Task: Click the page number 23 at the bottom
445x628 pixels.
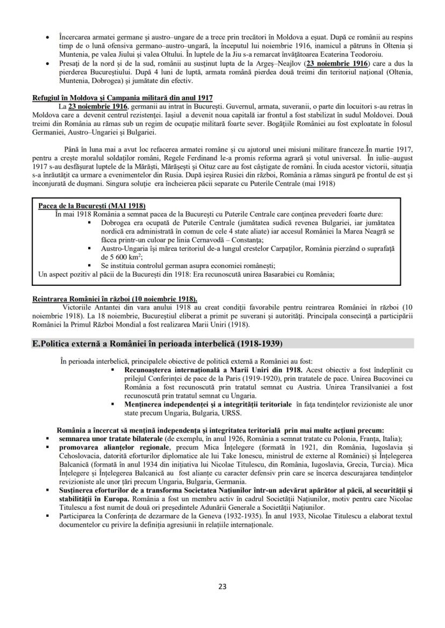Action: [x=223, y=586]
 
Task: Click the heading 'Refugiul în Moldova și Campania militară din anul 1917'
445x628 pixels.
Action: [x=123, y=98]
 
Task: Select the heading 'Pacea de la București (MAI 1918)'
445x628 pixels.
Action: [x=92, y=206]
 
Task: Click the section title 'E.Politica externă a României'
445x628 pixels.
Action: [x=157, y=343]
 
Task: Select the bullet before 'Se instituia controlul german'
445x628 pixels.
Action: [x=89, y=265]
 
